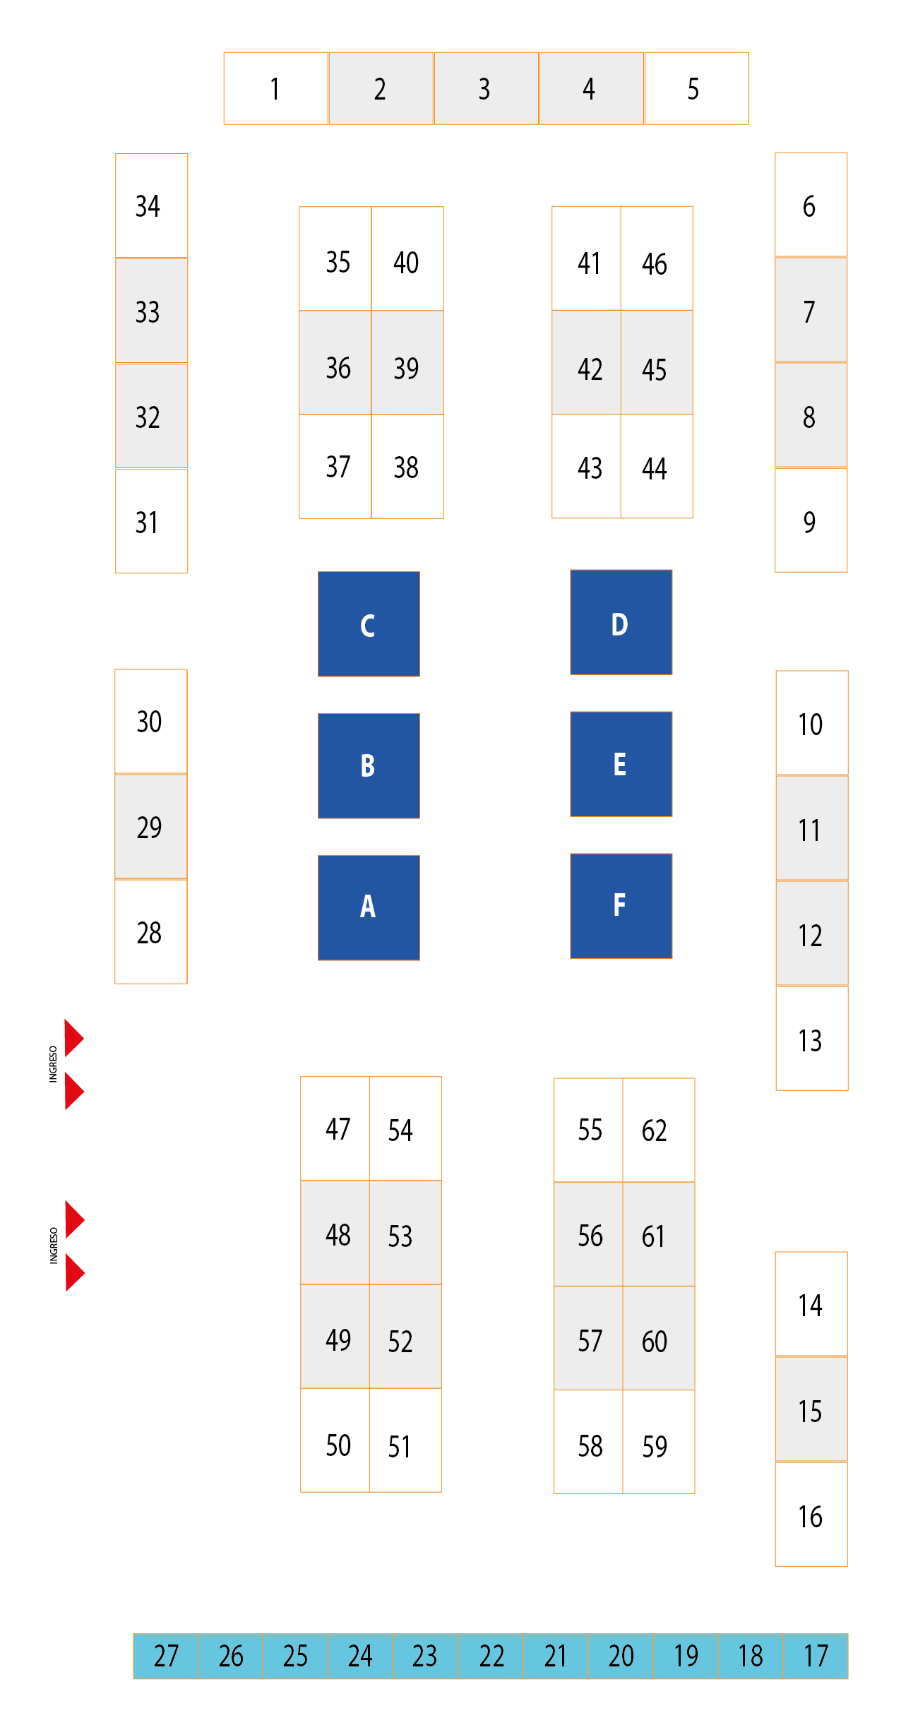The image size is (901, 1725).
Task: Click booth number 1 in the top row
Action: pyautogui.click(x=275, y=88)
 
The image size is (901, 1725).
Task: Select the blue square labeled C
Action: pyautogui.click(x=369, y=624)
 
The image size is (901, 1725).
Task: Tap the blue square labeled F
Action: pyautogui.click(x=621, y=906)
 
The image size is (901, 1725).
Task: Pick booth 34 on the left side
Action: pyautogui.click(x=151, y=205)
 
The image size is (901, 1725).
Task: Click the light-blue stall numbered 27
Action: pyautogui.click(x=166, y=1656)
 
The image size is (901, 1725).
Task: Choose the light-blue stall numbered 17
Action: pyautogui.click(x=816, y=1656)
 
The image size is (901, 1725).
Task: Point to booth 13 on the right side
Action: pyautogui.click(x=811, y=1039)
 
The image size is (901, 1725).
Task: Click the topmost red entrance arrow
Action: pyautogui.click(x=73, y=1038)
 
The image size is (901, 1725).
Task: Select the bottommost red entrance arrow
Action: pyautogui.click(x=74, y=1272)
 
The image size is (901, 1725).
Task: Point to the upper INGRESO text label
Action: pyautogui.click(x=53, y=1064)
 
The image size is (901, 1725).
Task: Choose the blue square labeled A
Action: pyautogui.click(x=369, y=907)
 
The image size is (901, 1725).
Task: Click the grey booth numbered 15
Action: pyautogui.click(x=811, y=1409)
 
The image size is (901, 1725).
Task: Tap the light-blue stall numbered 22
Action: pyautogui.click(x=491, y=1656)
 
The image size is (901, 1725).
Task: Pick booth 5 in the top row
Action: pyautogui.click(x=696, y=88)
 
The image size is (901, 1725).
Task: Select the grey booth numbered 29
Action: pyautogui.click(x=150, y=827)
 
